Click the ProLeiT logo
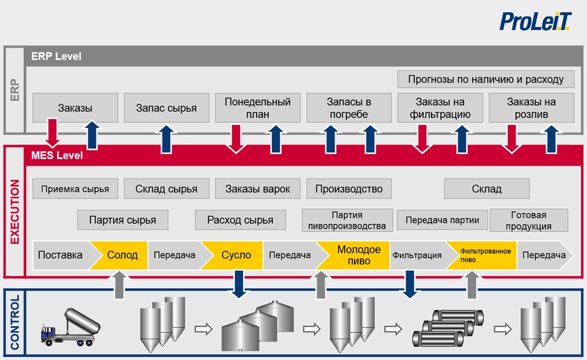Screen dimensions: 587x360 535,21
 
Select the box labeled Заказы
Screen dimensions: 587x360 75,108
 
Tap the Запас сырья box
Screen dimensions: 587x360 167,108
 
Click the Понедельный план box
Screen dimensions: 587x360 258,108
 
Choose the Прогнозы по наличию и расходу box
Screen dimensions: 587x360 485,79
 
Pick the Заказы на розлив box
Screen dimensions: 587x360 531,108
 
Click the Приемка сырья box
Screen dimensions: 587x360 75,189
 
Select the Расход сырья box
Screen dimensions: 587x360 240,220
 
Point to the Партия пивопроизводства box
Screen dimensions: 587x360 347,220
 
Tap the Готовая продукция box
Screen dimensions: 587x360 529,220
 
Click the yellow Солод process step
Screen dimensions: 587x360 120,255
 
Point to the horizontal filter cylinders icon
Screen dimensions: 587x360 448,328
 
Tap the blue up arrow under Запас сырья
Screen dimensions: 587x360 167,139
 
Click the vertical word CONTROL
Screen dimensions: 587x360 15,322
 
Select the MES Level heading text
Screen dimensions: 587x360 57,156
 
